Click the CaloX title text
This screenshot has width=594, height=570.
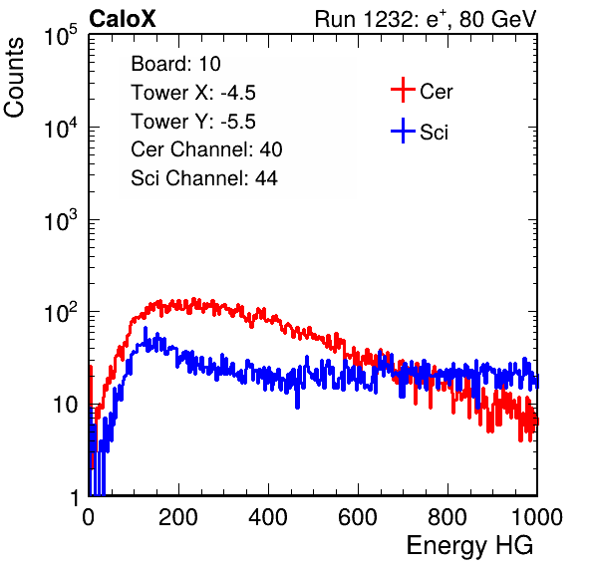click(x=122, y=19)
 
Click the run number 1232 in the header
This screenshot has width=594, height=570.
click(x=388, y=19)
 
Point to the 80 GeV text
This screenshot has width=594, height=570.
click(x=498, y=19)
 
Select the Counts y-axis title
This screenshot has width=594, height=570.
click(x=14, y=77)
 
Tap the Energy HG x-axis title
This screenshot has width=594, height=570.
click(x=469, y=546)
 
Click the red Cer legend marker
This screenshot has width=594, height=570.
click(x=403, y=90)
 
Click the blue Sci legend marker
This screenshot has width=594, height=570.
click(x=403, y=131)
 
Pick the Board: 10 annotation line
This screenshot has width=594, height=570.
click(x=175, y=63)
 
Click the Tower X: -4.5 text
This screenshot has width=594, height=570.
click(x=193, y=93)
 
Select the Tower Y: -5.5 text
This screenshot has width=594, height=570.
click(x=193, y=122)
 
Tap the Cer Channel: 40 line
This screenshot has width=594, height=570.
click(x=206, y=149)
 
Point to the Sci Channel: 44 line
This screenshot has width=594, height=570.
click(x=204, y=178)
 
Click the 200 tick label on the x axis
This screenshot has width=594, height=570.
click(x=178, y=517)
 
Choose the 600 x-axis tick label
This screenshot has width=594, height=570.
click(x=358, y=517)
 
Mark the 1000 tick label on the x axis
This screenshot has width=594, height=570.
click(x=537, y=517)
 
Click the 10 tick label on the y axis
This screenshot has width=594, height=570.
click(x=66, y=405)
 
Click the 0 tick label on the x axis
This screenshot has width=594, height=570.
click(x=89, y=517)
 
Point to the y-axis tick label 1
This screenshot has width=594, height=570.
click(x=74, y=497)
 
